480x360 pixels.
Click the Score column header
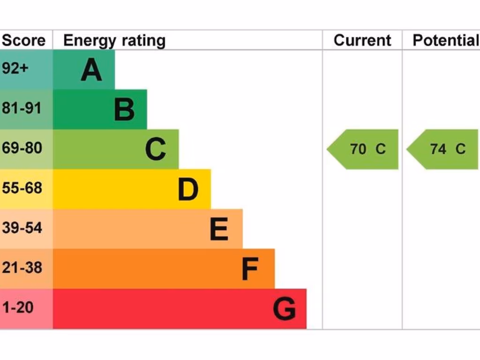(x=23, y=40)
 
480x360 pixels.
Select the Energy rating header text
(x=114, y=41)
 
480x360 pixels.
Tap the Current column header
(x=362, y=40)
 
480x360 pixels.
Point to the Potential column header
(x=444, y=40)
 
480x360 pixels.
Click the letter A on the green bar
(x=91, y=70)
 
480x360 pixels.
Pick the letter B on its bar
(x=124, y=110)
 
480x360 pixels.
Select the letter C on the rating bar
(x=155, y=150)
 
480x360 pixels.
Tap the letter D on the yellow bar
(x=188, y=189)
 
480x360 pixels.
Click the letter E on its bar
(x=219, y=229)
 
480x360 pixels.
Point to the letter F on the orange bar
(x=250, y=269)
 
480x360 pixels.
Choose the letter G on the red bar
(x=284, y=309)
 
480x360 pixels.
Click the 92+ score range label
(x=15, y=68)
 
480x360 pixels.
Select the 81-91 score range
(x=22, y=108)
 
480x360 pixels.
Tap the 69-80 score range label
(x=22, y=148)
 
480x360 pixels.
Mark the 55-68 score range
(x=22, y=188)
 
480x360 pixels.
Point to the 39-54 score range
(x=22, y=228)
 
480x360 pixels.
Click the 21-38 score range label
(x=22, y=268)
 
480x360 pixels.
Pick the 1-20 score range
(x=18, y=307)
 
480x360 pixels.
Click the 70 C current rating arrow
(x=364, y=149)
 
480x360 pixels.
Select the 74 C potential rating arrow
(x=443, y=149)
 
